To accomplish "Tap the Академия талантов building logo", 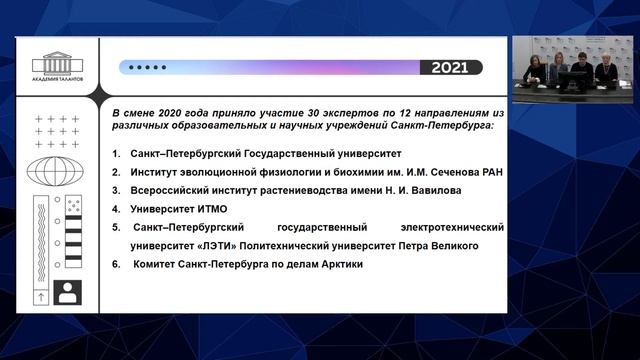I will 57,64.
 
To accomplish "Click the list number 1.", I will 116,154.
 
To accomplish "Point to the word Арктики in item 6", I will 335,264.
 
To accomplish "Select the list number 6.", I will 116,264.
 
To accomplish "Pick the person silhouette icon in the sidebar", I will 69,293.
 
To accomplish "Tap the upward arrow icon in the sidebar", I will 41,297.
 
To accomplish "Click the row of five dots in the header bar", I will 145,68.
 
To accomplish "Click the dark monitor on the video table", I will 573,80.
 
